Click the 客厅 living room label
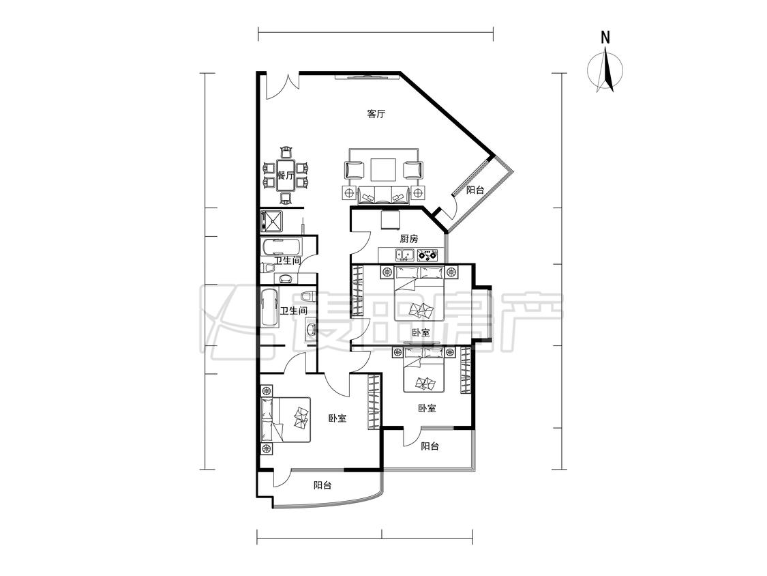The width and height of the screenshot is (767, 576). (x=376, y=114)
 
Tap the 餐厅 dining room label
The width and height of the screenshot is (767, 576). (x=285, y=175)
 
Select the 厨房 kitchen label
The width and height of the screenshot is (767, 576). (x=409, y=239)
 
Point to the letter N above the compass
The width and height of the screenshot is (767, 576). (x=605, y=38)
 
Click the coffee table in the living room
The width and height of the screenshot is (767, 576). (x=383, y=171)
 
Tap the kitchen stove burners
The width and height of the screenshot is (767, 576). (x=427, y=255)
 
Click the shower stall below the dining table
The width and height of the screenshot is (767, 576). (x=271, y=221)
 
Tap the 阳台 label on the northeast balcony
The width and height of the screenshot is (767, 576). (x=475, y=190)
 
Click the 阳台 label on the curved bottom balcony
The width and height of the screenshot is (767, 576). (x=322, y=485)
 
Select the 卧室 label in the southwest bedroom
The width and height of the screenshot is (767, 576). (x=337, y=418)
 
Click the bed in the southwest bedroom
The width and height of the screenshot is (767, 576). (x=286, y=419)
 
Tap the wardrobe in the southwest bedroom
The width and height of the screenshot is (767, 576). (x=375, y=402)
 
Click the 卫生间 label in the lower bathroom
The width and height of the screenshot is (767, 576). (x=293, y=311)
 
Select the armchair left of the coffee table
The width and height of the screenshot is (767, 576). (x=355, y=170)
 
